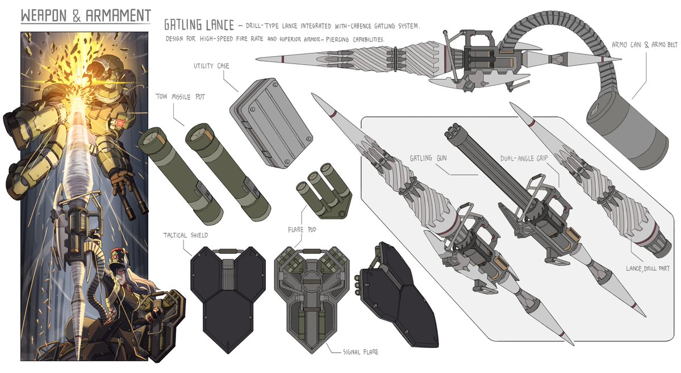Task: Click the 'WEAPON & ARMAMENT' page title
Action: click(x=85, y=15)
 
